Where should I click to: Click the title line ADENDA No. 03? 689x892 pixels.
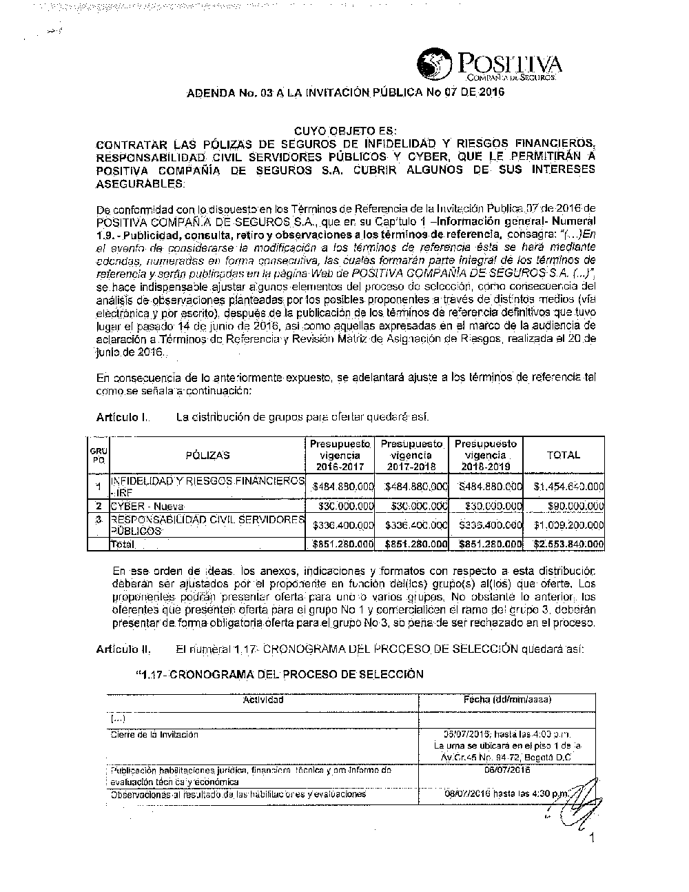coord(346,92)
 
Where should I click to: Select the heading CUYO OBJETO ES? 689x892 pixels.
coord(345,130)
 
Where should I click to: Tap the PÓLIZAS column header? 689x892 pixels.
coord(207,455)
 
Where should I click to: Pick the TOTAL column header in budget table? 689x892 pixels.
coord(563,455)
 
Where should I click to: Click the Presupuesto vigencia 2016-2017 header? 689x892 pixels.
coord(340,455)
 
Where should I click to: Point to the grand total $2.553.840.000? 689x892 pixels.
coord(568,545)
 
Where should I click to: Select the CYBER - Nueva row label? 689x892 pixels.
coord(147,507)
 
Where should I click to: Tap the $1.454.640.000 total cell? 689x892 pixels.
coord(568,487)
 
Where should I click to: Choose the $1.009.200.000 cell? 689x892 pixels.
coord(568,525)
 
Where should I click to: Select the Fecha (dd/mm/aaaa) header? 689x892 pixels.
coord(508,700)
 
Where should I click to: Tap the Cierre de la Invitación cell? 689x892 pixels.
coord(154,735)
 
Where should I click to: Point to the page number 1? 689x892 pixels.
coord(592,838)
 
